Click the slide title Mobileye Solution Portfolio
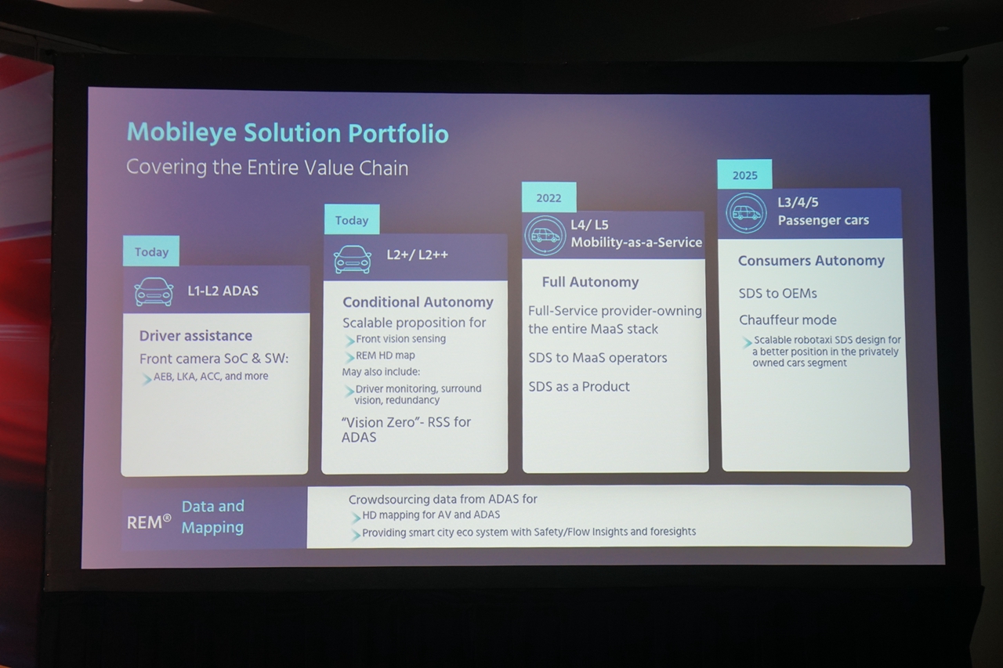288,133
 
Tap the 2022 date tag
549,198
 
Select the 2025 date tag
744,175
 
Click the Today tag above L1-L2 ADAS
151,252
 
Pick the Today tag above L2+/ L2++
352,221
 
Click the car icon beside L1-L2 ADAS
154,291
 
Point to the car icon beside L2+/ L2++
353,259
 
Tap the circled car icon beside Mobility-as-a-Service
545,235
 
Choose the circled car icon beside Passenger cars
746,212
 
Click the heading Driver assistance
196,336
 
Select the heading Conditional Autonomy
418,302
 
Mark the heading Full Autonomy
590,282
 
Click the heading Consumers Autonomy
811,261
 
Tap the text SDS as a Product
579,386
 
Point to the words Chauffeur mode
788,320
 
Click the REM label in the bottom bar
149,522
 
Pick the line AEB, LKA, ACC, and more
211,377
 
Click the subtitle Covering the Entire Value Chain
267,168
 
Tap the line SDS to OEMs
777,293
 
